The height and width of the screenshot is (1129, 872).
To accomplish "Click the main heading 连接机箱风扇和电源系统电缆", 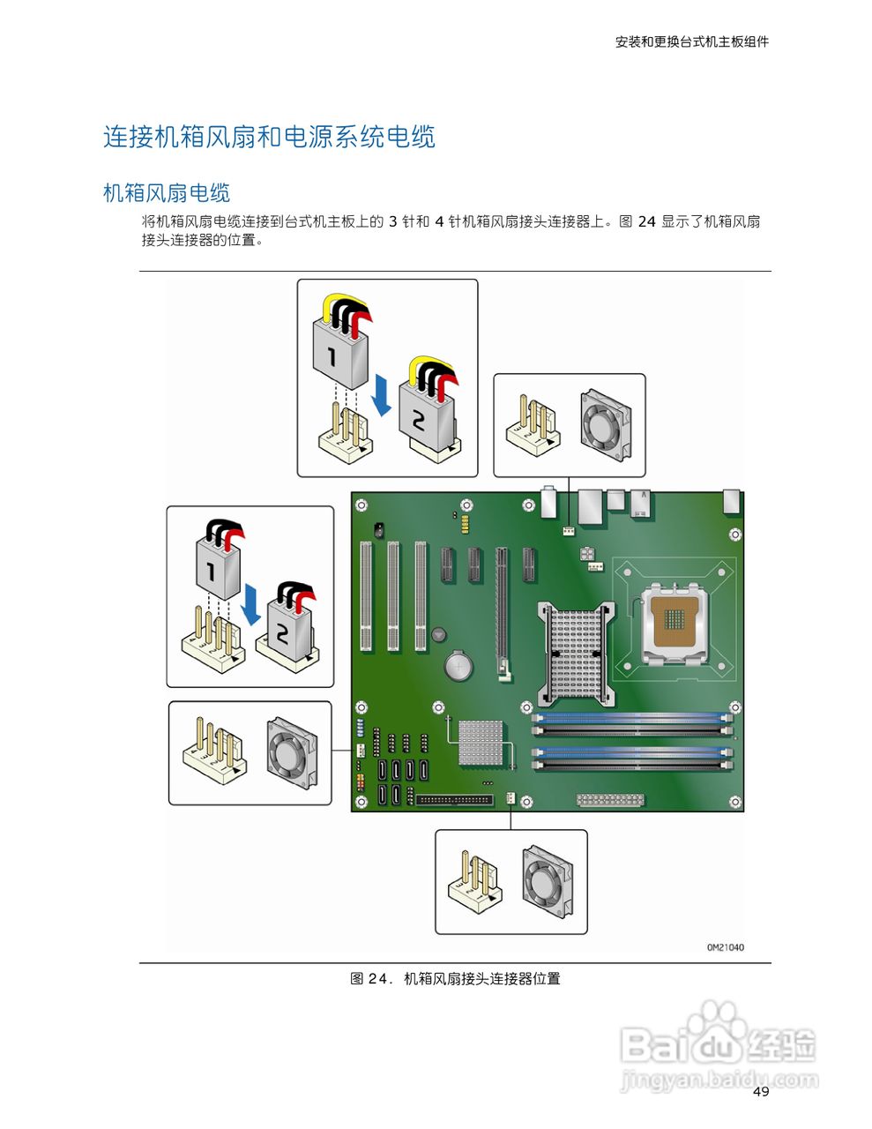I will pos(269,137).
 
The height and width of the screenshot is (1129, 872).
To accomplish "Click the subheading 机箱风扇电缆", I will pos(167,193).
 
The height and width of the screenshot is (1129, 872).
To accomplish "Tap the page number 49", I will pos(761,1092).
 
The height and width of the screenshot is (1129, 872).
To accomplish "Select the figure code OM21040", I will pos(725,947).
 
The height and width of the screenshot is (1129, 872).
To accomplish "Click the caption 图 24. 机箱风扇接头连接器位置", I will pos(455,978).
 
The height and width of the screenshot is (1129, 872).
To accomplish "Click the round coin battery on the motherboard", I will pos(458,665).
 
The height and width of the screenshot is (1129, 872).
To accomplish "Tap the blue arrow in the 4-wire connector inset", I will pos(382,394).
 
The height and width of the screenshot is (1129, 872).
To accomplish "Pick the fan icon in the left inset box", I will pos(292,751).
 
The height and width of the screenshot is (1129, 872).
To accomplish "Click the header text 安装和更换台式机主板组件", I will pos(691,41).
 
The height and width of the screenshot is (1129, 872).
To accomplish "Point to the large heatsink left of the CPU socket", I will pos(576,653).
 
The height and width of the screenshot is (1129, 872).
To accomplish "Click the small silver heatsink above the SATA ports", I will pos(481,742).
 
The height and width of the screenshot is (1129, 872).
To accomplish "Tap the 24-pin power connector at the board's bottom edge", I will pos(610,800).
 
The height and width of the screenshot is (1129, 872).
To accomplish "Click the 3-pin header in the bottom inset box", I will pos(475,883).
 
